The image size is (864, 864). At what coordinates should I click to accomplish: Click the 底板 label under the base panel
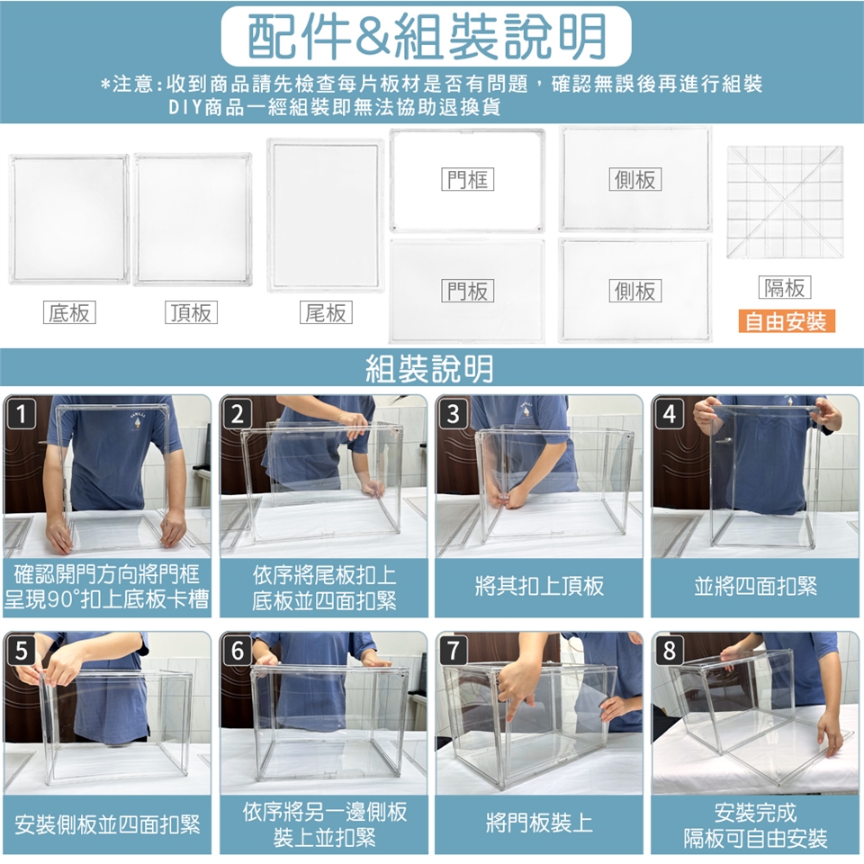(69, 312)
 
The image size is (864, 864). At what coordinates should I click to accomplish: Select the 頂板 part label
(191, 312)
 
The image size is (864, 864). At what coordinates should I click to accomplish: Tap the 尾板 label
(326, 312)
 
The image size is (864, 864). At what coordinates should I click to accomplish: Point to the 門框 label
(468, 179)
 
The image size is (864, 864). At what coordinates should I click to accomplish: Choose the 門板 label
(468, 291)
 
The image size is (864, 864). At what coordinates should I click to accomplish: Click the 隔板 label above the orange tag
(785, 287)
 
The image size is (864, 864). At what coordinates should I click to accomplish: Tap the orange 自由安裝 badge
(787, 320)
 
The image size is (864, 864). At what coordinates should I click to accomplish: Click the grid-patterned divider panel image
(785, 202)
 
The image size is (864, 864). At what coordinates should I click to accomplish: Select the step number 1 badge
(21, 414)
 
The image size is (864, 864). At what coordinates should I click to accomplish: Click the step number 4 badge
(669, 414)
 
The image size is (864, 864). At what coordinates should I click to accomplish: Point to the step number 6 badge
(237, 651)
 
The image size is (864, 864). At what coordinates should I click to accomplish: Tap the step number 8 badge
(669, 651)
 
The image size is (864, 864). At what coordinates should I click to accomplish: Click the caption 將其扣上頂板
(539, 586)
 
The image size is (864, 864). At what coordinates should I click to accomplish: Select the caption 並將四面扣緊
(755, 586)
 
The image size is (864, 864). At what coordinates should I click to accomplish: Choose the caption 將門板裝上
(539, 823)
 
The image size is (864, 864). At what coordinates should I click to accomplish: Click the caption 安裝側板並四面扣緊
(107, 824)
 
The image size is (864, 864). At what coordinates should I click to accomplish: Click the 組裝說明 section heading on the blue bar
(430, 368)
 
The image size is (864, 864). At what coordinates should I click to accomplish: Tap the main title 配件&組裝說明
(427, 36)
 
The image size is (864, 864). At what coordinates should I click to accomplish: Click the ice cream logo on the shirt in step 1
(137, 421)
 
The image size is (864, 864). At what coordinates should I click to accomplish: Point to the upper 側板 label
(635, 179)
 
